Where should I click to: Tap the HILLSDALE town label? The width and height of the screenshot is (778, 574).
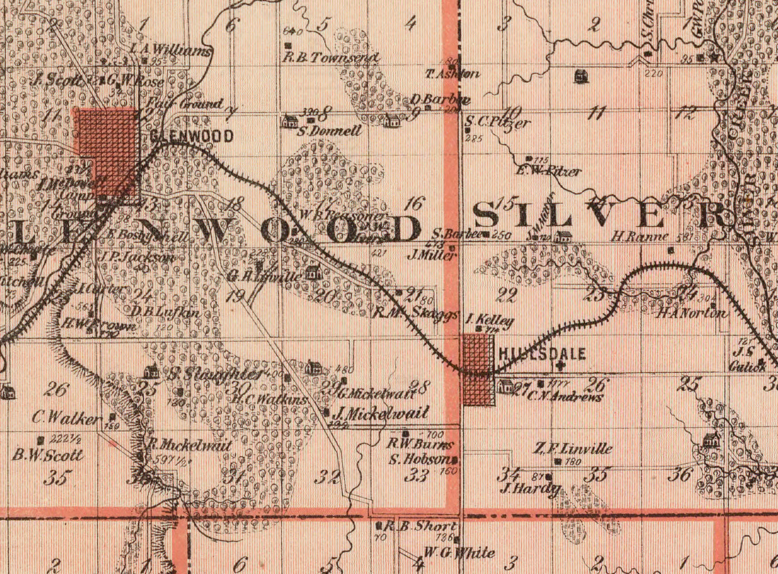542,354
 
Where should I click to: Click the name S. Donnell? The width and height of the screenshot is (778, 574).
330,131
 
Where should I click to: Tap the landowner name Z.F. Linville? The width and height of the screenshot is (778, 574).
572,448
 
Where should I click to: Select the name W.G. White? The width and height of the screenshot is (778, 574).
459,552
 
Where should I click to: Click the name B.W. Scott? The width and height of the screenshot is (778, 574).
47,455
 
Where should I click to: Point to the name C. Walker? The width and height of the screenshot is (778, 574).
67,420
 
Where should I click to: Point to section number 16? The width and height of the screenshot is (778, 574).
415,204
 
